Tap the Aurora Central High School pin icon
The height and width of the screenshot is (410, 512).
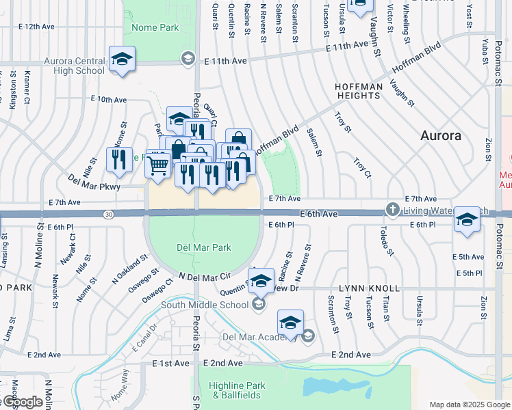coord(123,58)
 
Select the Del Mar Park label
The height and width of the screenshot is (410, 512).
coord(203,247)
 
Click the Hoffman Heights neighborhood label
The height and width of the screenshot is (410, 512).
coord(357,92)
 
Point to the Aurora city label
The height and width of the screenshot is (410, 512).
coord(440,135)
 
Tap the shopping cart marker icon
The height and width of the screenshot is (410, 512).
coord(158,164)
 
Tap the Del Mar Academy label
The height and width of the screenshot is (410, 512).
coord(259,336)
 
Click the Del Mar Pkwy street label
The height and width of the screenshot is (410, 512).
coord(94,186)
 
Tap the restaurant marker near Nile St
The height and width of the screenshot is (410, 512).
coord(120,160)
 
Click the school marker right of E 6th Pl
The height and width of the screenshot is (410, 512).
coord(467,220)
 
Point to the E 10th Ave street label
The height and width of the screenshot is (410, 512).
coord(108,100)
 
